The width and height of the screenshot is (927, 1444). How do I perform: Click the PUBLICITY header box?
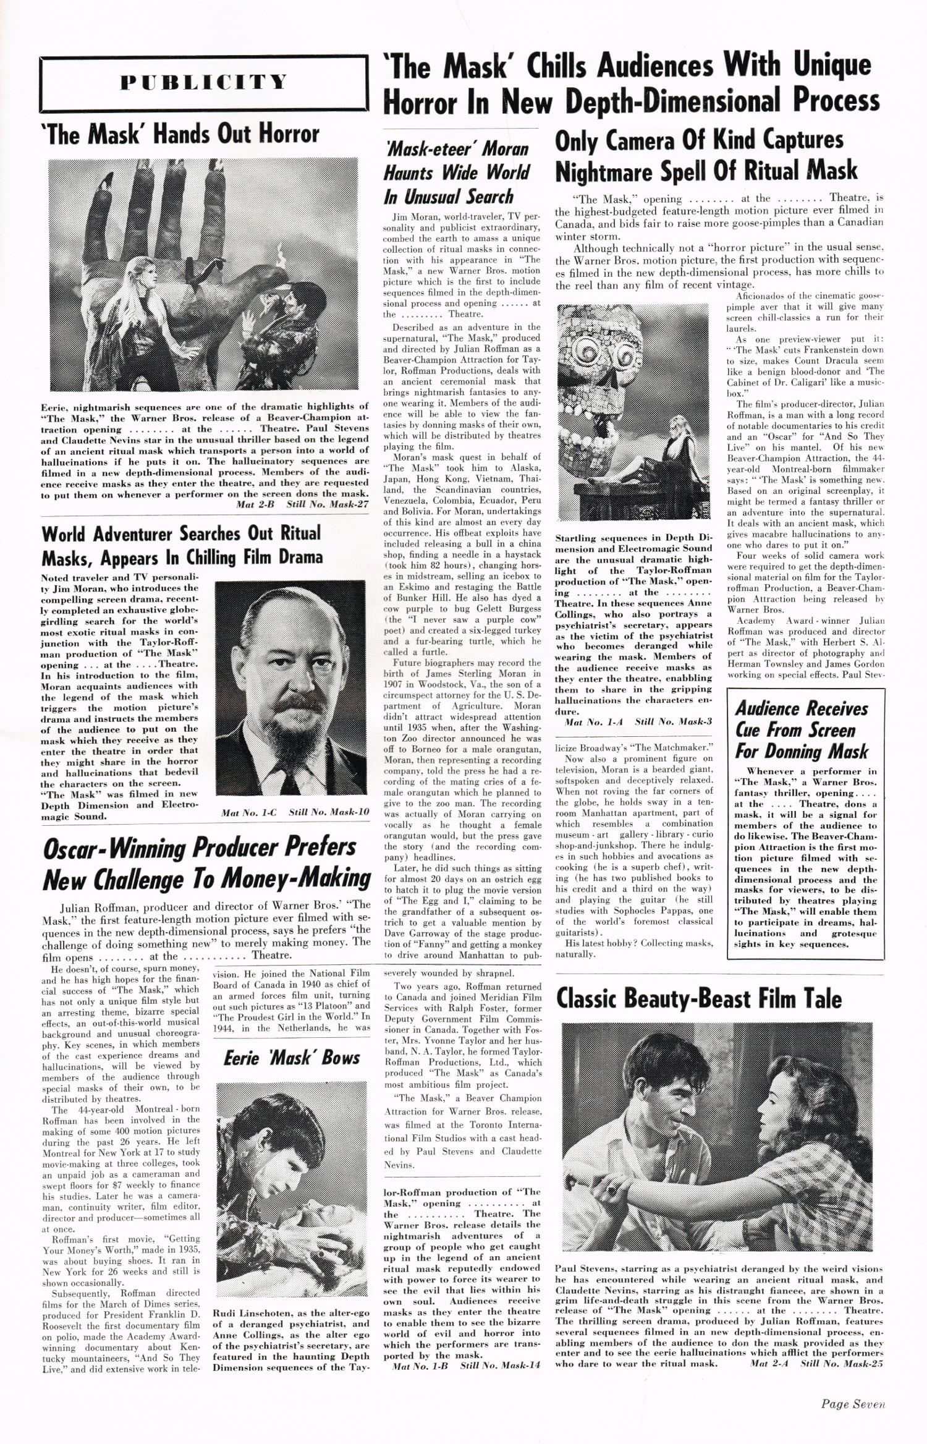pos(204,82)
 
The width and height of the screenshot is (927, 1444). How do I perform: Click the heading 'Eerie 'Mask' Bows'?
pos(291,1058)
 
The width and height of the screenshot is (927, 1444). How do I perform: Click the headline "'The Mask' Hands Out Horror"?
pos(179,134)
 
